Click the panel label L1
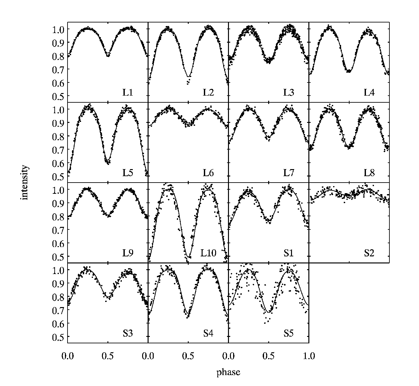128,92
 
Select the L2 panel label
208,92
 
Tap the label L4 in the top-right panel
369,92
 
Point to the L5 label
128,173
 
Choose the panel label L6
208,173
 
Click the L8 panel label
369,173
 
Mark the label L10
208,253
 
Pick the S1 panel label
289,253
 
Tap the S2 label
369,253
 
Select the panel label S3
128,333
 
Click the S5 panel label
289,333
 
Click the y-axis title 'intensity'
24,182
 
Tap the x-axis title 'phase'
228,372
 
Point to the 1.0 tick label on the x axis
309,356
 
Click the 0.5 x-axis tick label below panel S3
108,356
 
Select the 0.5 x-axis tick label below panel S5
269,356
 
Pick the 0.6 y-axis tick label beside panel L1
58,83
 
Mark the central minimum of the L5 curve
108,160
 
